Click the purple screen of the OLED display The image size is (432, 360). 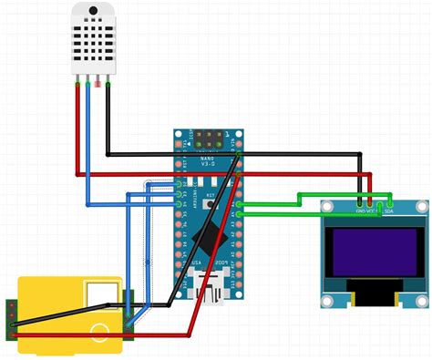click(373, 252)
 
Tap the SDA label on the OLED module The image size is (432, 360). click(389, 211)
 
